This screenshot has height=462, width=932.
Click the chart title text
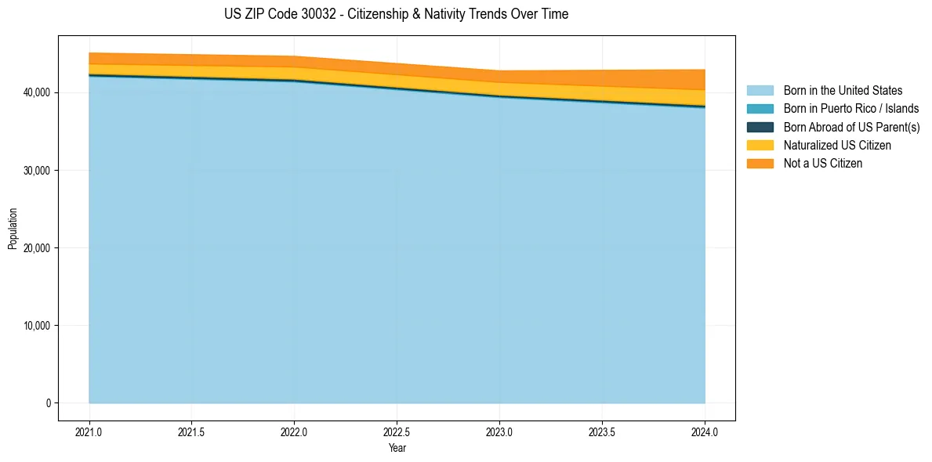(396, 14)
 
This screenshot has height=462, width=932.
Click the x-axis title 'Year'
(397, 448)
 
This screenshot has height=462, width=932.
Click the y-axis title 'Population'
(13, 228)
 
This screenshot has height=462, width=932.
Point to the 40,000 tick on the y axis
(36, 92)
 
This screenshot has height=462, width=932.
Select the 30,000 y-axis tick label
(36, 170)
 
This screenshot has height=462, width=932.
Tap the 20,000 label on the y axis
(36, 248)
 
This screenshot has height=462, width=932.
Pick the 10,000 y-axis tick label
(36, 326)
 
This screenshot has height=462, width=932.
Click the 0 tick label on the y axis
(48, 403)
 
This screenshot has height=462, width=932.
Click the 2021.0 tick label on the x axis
(89, 431)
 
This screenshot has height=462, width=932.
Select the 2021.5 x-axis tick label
(192, 431)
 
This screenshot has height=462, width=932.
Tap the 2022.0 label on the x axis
(295, 431)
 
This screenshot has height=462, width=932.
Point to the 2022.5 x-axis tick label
(397, 431)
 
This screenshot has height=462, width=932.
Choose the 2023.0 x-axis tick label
(499, 431)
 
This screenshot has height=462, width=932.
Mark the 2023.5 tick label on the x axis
(602, 431)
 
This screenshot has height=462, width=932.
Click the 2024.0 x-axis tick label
(705, 431)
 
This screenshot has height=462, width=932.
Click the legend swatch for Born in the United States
(760, 91)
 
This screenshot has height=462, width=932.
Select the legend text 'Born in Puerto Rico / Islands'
(851, 109)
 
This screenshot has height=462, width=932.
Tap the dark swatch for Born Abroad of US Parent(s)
(760, 127)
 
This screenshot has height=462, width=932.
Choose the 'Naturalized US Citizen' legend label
(837, 146)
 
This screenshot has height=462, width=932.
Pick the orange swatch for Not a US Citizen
(760, 164)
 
